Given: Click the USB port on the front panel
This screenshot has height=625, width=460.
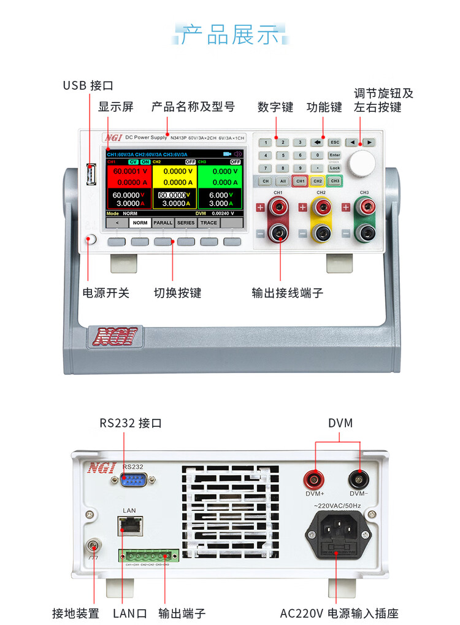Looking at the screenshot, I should [x=92, y=175].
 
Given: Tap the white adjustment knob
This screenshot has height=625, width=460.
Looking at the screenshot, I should [x=362, y=163].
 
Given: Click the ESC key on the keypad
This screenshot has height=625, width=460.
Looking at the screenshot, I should [x=334, y=142].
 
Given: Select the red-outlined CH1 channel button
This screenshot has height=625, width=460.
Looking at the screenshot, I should [x=300, y=182].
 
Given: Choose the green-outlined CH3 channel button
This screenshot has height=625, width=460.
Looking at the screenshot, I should [x=334, y=182].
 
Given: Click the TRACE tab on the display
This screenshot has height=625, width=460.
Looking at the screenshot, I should [x=209, y=223].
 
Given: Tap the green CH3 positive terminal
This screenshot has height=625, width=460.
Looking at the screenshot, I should [x=365, y=207].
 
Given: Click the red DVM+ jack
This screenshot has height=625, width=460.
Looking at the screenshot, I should [x=315, y=478].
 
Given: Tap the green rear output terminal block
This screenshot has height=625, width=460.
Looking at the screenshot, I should [x=148, y=556].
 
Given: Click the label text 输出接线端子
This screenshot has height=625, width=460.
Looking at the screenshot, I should [x=288, y=293].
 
